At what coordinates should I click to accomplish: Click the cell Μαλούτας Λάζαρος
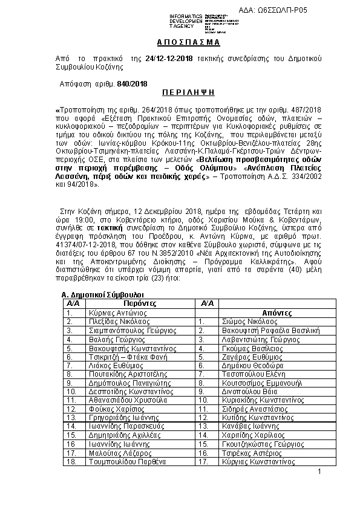[x=116, y=453]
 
